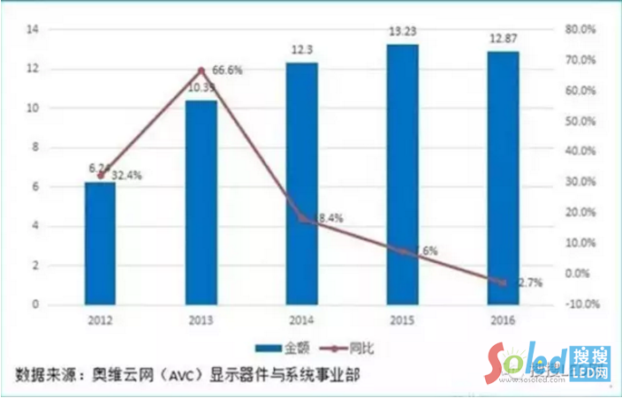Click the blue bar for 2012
click(100, 243)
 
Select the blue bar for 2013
click(201, 202)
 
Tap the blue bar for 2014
click(302, 184)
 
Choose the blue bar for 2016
click(504, 177)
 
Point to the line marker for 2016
click(504, 282)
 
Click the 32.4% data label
click(126, 175)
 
